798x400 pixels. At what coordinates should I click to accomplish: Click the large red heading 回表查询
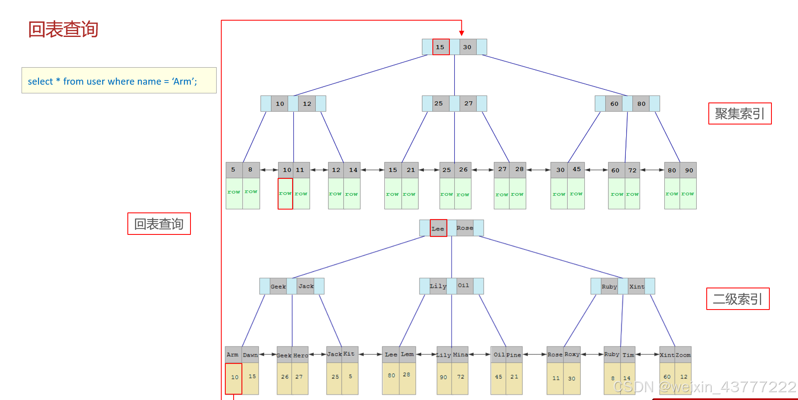tap(63, 29)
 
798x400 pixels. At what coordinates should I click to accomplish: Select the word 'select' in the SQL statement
tap(40, 81)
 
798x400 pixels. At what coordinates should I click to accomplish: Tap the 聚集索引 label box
tap(739, 114)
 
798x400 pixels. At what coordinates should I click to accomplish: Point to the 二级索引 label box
tap(737, 299)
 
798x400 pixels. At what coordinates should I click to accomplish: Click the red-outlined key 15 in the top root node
tap(440, 47)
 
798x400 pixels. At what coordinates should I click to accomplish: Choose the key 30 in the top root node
tap(467, 47)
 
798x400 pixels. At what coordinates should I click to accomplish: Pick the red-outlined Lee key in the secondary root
tap(438, 228)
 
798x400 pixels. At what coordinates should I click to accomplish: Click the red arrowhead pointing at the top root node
tap(461, 33)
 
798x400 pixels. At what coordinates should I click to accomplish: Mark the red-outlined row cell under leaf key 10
tap(285, 194)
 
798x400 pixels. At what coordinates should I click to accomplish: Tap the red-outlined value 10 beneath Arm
tap(234, 378)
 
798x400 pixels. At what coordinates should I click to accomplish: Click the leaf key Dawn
tap(250, 355)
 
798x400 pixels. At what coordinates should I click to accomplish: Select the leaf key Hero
tap(300, 355)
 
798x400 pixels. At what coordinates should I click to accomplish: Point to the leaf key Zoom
tap(683, 355)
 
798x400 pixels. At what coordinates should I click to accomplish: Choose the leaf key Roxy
tap(572, 354)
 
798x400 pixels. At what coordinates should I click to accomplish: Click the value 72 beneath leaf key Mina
tap(461, 377)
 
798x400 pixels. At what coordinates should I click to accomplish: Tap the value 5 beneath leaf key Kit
tap(350, 376)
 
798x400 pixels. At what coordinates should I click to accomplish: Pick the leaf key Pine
tap(513, 355)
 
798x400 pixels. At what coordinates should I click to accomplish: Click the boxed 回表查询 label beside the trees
tap(159, 224)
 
